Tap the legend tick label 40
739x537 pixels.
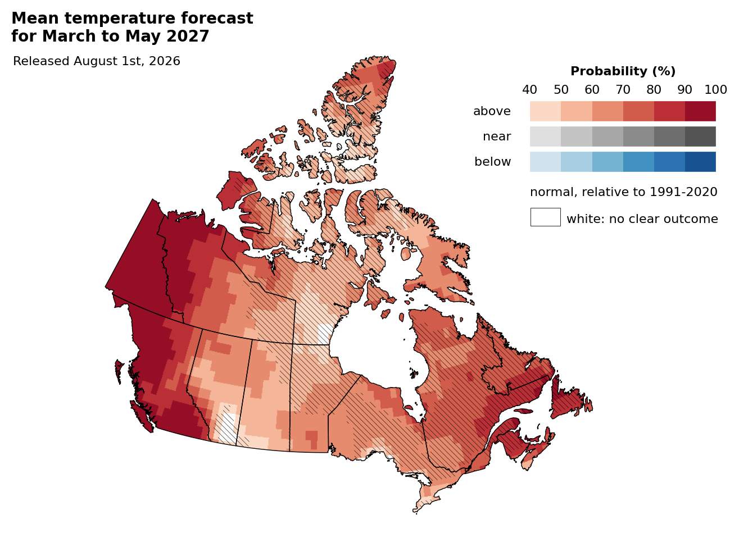pos(530,90)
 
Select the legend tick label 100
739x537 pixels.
pos(715,90)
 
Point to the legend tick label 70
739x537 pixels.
pos(623,90)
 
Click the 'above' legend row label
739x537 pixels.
pos(492,111)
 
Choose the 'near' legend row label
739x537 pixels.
pos(497,136)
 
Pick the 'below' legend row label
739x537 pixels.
pos(492,162)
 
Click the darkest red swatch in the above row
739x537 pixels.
pos(700,111)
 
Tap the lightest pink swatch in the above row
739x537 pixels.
pos(545,111)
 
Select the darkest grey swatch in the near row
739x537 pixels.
pos(700,136)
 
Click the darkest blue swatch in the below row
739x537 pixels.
pos(700,162)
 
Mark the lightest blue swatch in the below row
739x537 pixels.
pos(545,162)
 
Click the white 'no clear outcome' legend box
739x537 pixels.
pos(545,217)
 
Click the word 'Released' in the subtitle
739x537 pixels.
pos(41,61)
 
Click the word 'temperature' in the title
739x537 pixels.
pos(120,18)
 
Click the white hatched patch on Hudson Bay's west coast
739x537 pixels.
pos(325,334)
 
